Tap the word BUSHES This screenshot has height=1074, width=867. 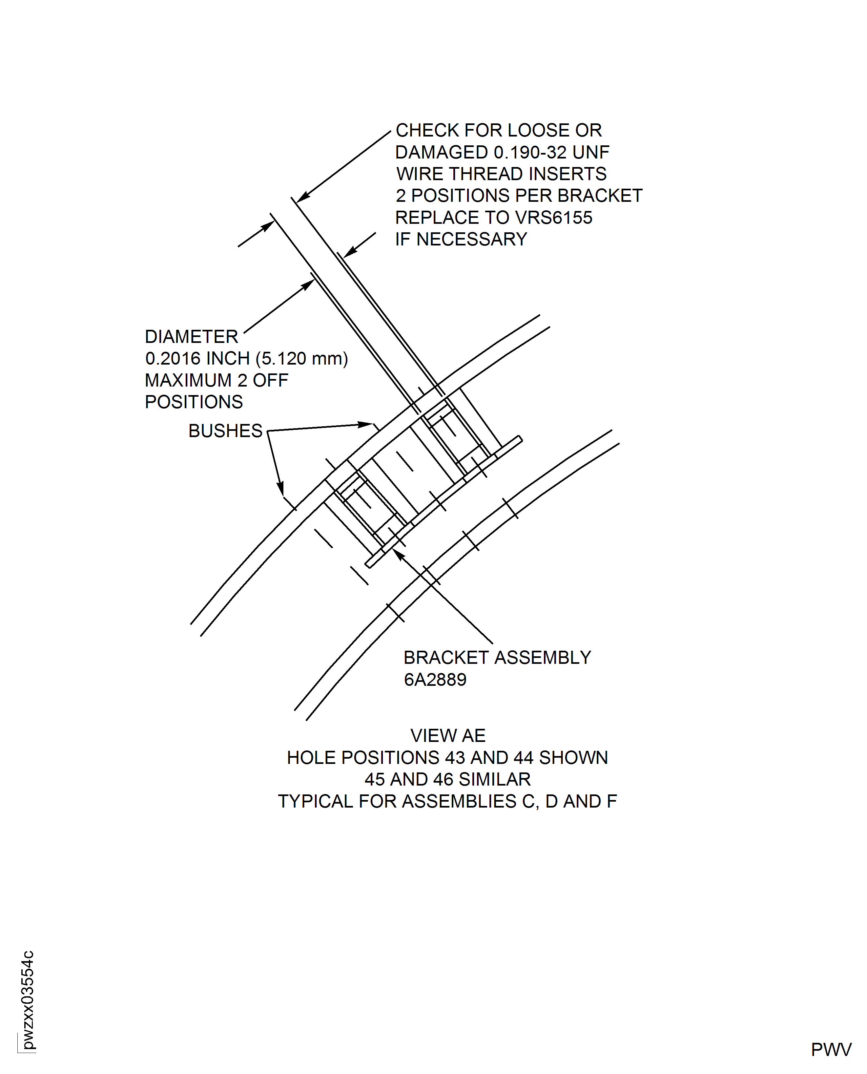click(x=225, y=431)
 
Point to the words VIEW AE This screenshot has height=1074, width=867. click(x=447, y=736)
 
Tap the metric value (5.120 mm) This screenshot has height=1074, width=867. click(x=302, y=359)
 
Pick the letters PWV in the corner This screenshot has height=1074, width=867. click(x=831, y=1050)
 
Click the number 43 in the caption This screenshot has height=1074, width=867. click(x=454, y=758)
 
